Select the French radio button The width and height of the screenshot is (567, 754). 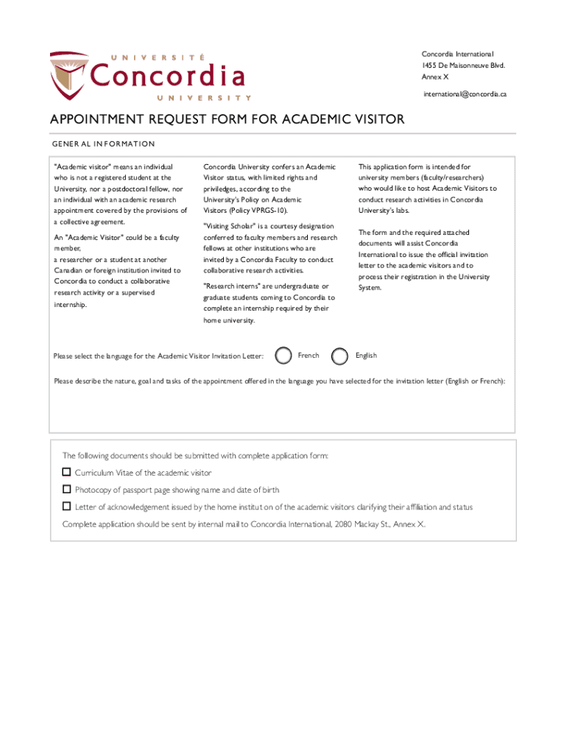[283, 356]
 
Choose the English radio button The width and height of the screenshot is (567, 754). [339, 356]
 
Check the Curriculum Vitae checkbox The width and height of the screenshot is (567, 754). [67, 472]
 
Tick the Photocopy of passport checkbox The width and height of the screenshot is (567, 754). [67, 489]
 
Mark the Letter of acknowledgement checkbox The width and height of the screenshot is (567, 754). [67, 507]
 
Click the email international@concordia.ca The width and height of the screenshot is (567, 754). [465, 94]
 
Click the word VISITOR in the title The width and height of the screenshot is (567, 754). [375, 120]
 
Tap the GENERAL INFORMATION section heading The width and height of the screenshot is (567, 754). [103, 144]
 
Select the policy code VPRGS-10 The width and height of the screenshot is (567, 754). [266, 211]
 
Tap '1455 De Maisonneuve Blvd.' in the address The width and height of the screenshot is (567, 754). [463, 66]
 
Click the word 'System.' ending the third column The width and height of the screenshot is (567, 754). [370, 288]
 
